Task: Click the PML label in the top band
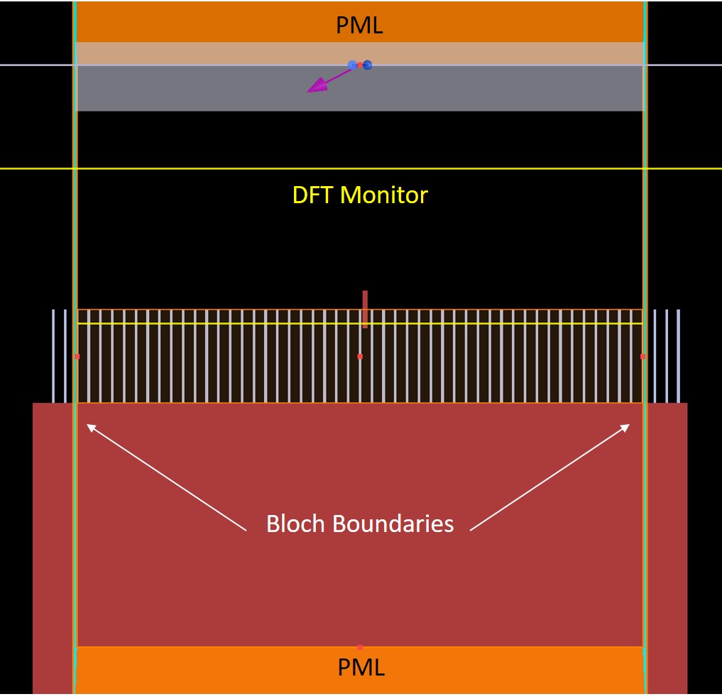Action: point(359,26)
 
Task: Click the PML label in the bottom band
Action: point(361,668)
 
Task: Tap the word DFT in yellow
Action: point(313,195)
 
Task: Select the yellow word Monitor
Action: point(384,195)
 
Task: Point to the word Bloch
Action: point(296,524)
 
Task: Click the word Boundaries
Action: point(393,524)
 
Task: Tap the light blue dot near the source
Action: point(352,65)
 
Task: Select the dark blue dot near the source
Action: point(368,65)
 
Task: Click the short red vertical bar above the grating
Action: point(365,309)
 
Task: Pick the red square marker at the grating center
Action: point(360,356)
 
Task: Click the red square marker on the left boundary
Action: point(77,356)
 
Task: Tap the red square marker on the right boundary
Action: point(642,356)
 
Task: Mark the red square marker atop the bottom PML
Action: point(360,647)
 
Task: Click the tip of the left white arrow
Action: point(87,425)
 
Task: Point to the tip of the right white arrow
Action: point(629,425)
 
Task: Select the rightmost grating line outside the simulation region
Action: point(678,356)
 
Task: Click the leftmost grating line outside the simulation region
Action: point(53,356)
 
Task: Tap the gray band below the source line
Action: point(359,89)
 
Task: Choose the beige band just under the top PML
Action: point(359,53)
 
